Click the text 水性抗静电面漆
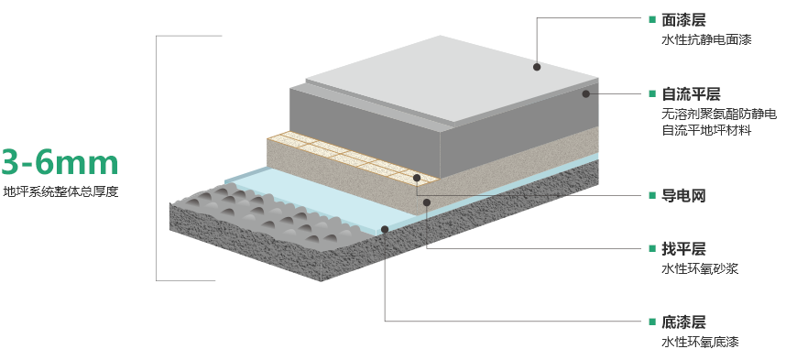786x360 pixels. pos(707,40)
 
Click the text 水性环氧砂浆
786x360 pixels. pos(700,268)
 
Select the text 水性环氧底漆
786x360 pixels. pos(700,342)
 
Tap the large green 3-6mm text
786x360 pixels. pos(60,162)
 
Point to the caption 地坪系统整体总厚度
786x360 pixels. pos(60,191)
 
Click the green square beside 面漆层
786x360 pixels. pos(652,19)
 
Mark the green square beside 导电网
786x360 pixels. pos(652,195)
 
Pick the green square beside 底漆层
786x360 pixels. pos(652,322)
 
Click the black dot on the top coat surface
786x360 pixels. pos(537,67)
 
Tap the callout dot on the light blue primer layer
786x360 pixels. pos(385,229)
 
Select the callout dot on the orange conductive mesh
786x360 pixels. pos(417,178)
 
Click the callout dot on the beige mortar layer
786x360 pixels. pos(427,202)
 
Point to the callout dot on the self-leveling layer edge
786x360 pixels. pos(586,93)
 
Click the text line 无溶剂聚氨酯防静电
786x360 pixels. pos(719,115)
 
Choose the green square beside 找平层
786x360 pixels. pos(652,248)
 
